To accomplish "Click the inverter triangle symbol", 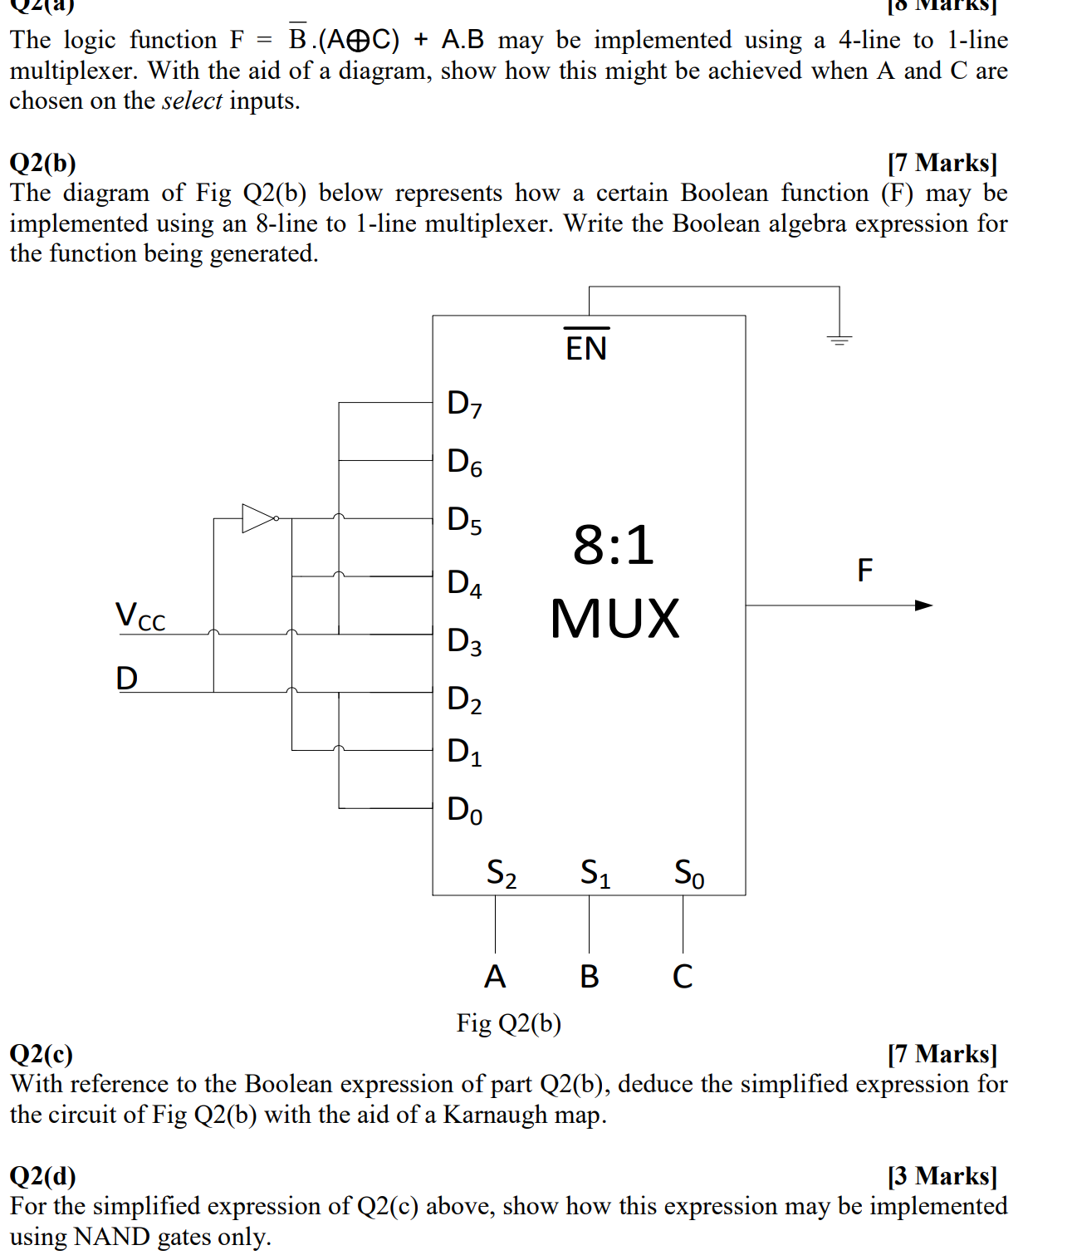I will click(258, 518).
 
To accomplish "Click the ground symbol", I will click(839, 339).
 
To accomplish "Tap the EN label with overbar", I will click(586, 346).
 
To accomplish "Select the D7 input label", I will click(464, 404).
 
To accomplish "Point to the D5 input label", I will click(464, 520).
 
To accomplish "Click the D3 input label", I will click(464, 641).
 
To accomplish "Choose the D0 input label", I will click(464, 810).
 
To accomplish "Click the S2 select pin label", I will click(502, 873).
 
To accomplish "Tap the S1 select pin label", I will click(595, 873).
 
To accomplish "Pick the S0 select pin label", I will click(689, 873).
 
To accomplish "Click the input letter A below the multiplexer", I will click(495, 977).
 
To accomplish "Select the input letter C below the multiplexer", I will click(683, 977).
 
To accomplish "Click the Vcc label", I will click(140, 616).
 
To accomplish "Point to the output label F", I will click(865, 571).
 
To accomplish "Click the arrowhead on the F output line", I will click(923, 605).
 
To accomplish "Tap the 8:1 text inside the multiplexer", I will click(614, 546).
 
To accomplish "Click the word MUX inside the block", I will click(614, 619).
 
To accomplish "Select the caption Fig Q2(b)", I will click(509, 1023).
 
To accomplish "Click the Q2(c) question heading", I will click(42, 1054).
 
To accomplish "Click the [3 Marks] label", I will click(942, 1176).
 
